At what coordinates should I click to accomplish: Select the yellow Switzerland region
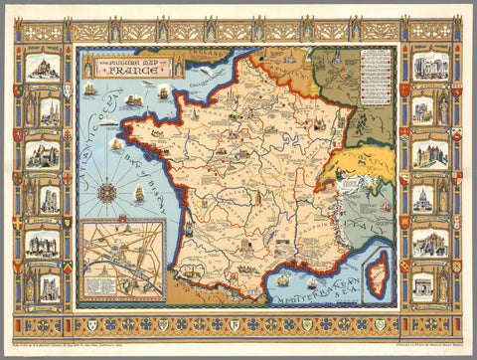366,159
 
